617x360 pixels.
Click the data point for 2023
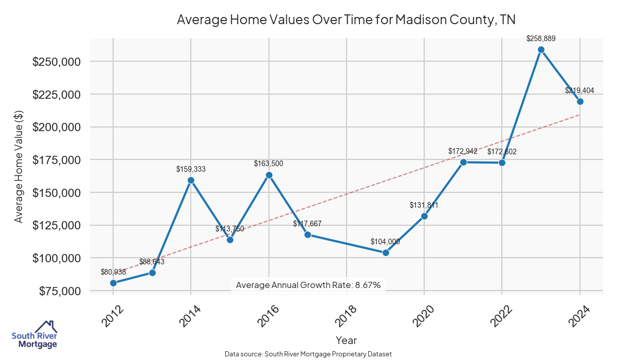click(x=541, y=50)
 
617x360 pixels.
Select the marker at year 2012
click(x=113, y=283)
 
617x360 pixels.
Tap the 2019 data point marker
click(x=386, y=253)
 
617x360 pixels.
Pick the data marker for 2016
click(x=269, y=175)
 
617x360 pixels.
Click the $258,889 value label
click(x=541, y=38)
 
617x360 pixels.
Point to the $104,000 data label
click(x=385, y=241)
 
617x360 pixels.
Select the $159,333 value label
click(x=191, y=169)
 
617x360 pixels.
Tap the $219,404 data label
click(x=579, y=91)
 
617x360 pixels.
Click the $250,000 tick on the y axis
click(x=56, y=62)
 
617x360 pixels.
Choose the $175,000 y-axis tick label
click(x=56, y=160)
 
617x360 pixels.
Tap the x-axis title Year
click(x=346, y=340)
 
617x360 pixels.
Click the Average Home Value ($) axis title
click(x=19, y=167)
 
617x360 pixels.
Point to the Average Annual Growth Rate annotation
click(x=308, y=285)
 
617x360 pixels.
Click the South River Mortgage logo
click(x=34, y=335)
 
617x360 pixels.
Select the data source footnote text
click(x=308, y=354)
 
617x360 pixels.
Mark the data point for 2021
click(x=463, y=162)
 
